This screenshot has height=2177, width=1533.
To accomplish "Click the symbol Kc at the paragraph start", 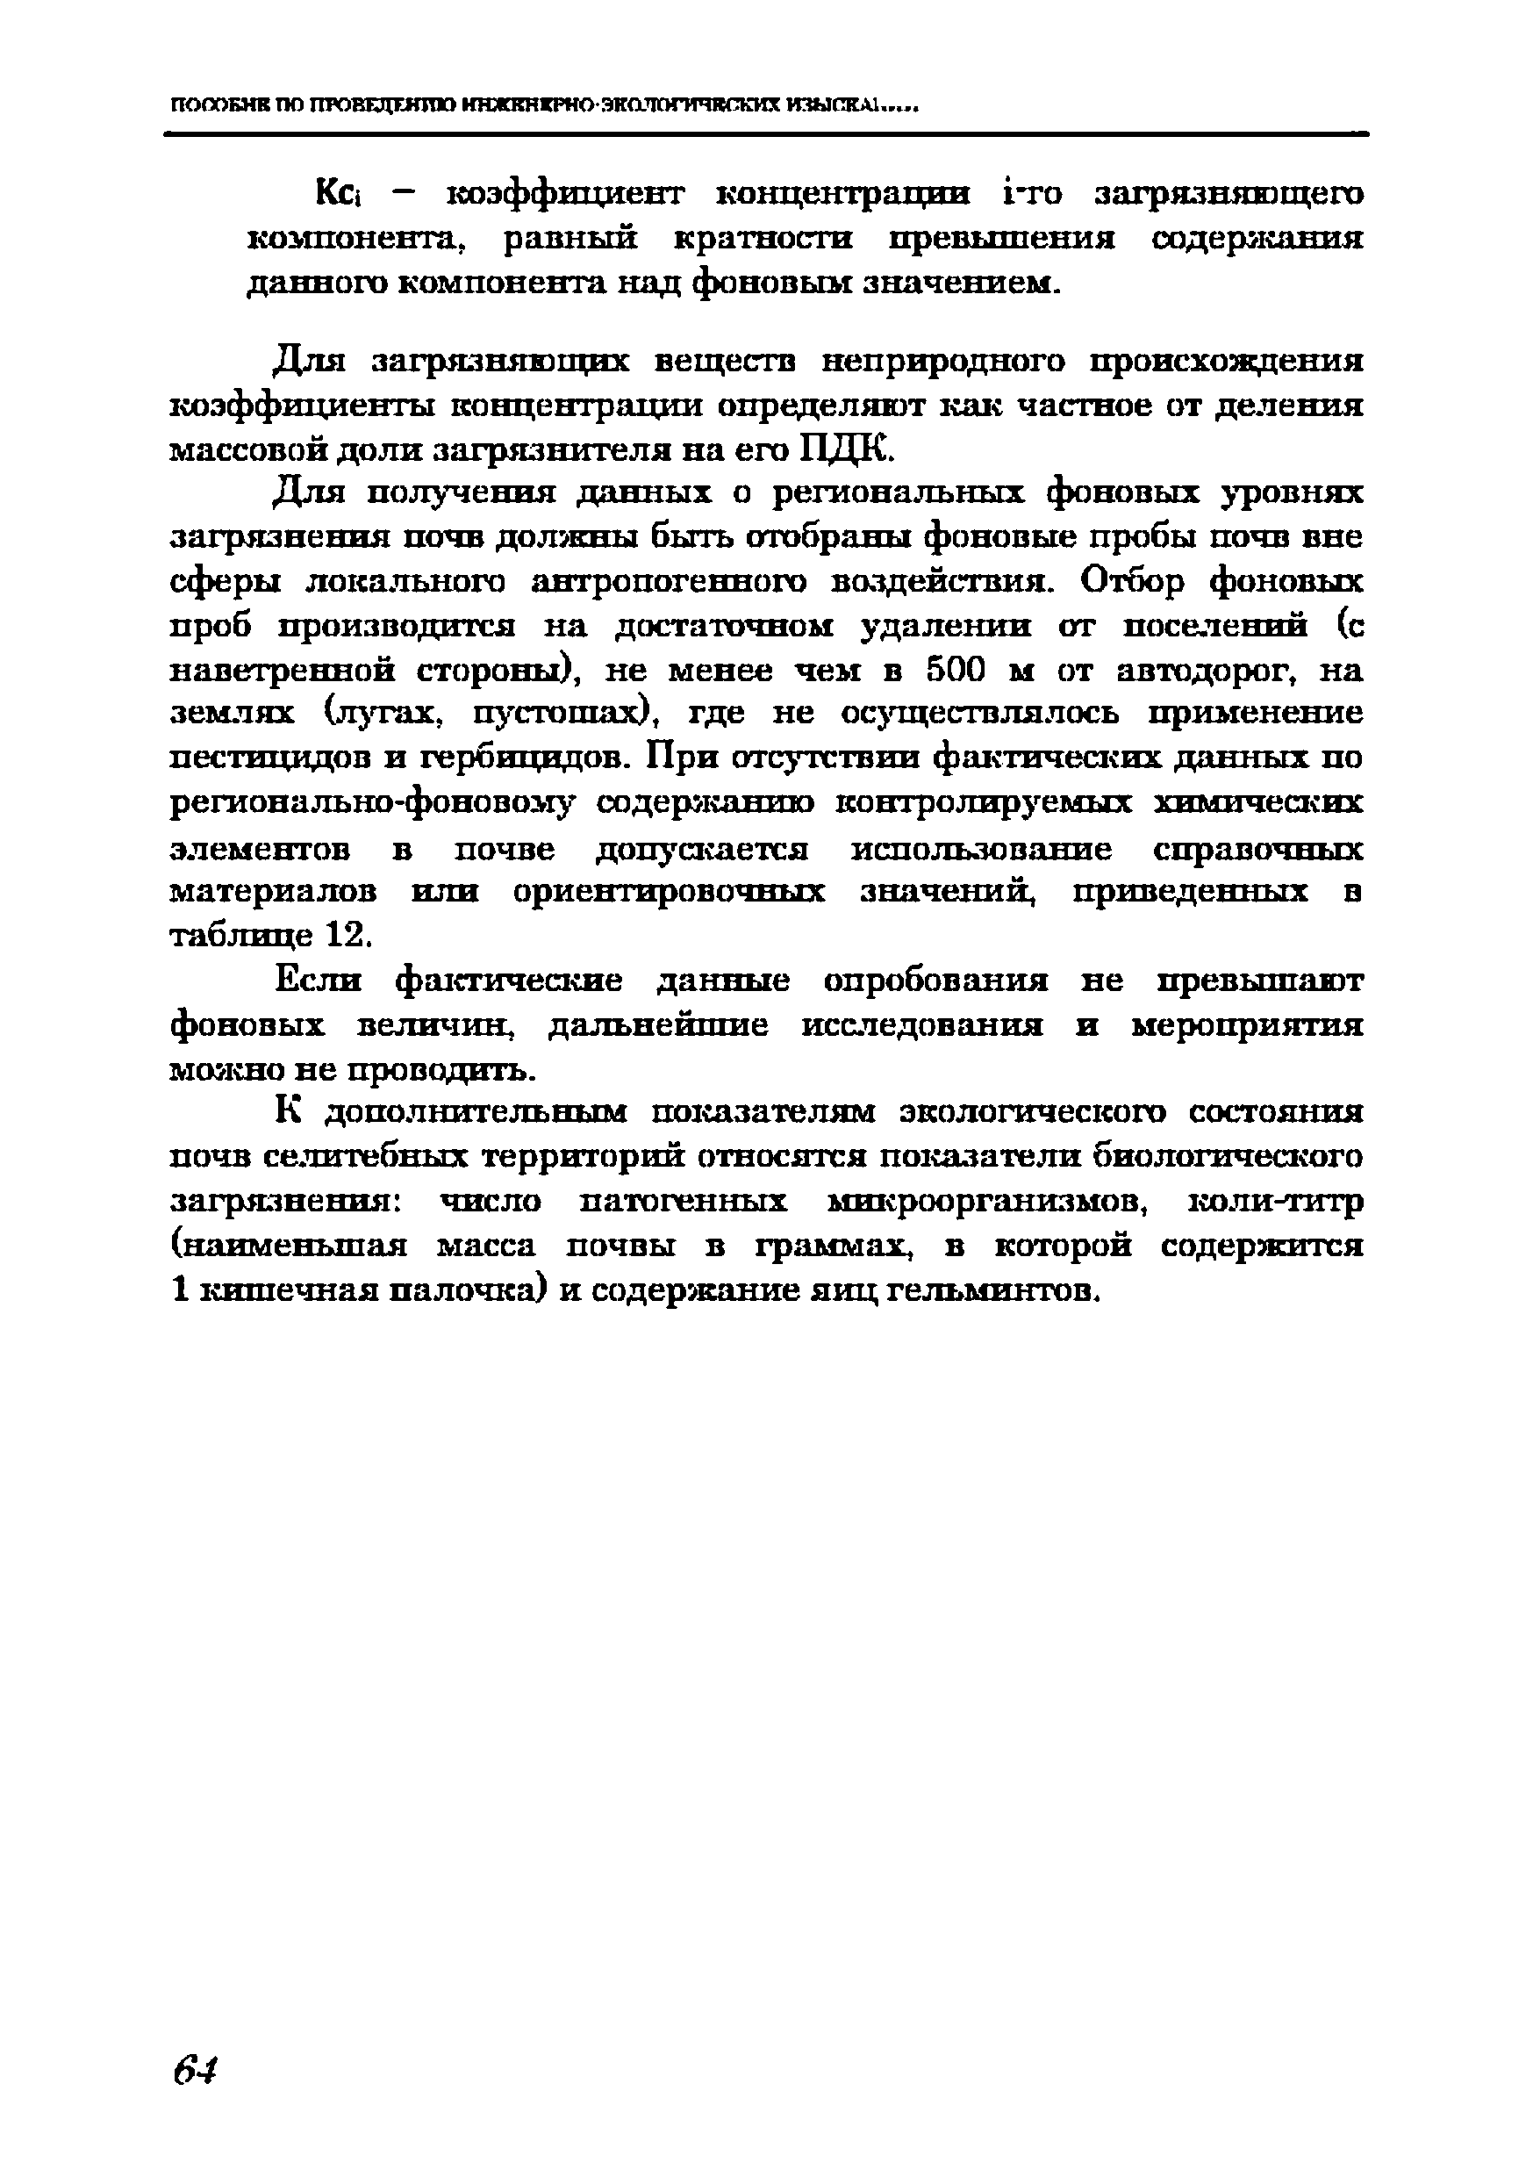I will click(335, 194).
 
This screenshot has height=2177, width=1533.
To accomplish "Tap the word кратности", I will click(763, 239).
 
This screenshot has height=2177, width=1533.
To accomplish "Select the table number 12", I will click(344, 935).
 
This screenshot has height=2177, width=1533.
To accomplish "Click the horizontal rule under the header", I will click(766, 134).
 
